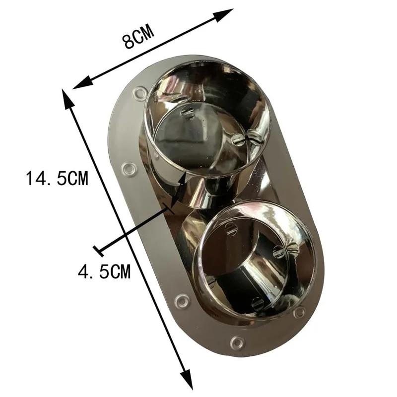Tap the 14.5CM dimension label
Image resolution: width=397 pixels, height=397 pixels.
(57, 178)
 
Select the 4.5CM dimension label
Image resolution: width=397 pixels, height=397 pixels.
(104, 271)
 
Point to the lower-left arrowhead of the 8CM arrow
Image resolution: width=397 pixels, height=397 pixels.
(81, 83)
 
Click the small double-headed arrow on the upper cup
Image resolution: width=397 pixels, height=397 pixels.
(179, 189)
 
